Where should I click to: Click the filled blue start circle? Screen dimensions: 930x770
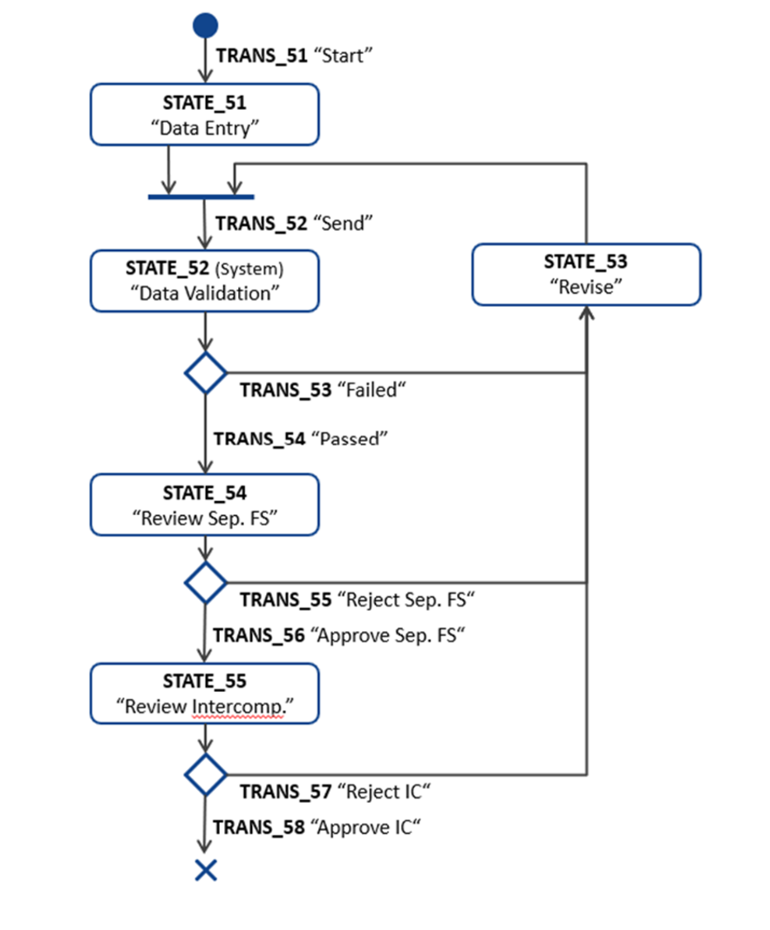point(204,25)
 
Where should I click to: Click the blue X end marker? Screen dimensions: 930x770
point(205,869)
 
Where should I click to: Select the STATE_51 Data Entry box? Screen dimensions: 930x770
point(204,114)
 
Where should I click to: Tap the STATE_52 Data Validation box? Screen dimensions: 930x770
point(204,281)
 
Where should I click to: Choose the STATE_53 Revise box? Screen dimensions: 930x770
point(586,275)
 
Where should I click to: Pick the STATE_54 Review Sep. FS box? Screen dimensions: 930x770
point(204,505)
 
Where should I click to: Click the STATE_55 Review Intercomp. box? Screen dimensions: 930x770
point(204,694)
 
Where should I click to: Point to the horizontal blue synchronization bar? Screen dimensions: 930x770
point(201,197)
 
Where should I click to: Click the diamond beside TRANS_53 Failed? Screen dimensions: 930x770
point(205,373)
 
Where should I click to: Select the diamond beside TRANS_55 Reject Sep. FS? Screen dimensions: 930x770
point(205,582)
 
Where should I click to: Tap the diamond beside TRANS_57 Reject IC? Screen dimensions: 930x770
point(205,773)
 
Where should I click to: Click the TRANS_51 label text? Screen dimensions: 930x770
point(295,56)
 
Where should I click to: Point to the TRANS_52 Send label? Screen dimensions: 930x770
point(294,223)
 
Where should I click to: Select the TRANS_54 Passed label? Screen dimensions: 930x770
point(300,438)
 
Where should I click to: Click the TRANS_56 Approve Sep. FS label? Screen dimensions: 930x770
point(337,635)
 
